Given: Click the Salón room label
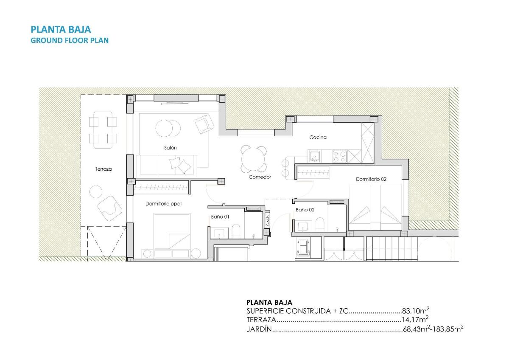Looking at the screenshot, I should point(171,148).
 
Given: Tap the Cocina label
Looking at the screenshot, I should point(318,137).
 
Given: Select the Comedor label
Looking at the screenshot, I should point(260,177).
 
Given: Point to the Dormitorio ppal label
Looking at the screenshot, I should point(163,204).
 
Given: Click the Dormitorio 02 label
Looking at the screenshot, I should point(371,179).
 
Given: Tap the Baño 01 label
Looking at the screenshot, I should point(220,217).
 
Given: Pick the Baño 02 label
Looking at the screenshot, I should point(305,210).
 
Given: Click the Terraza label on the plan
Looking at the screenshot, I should point(103,169).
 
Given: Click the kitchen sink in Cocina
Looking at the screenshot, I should point(314,157).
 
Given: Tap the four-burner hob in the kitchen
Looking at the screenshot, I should point(339,157).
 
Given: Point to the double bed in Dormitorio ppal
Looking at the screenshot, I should point(172,231).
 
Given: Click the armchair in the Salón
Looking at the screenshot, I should point(204,124).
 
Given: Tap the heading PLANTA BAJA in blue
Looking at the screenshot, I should point(61,29).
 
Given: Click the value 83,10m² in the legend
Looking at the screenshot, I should point(415,311).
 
